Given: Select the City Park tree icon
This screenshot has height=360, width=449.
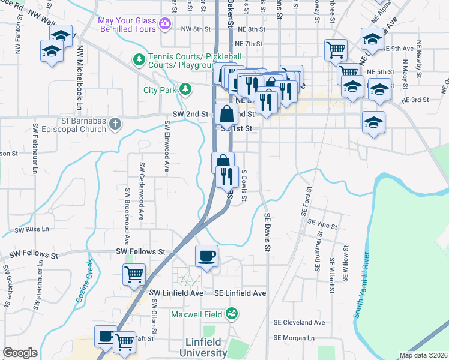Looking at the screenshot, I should pyautogui.click(x=186, y=89).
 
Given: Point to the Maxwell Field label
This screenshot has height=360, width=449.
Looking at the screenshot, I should pyautogui.click(x=197, y=314).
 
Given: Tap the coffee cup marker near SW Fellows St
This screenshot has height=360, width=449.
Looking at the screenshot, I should pyautogui.click(x=206, y=257).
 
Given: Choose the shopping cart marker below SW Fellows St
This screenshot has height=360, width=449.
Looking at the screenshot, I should pyautogui.click(x=133, y=275).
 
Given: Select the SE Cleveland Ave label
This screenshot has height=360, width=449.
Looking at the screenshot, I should pyautogui.click(x=298, y=322).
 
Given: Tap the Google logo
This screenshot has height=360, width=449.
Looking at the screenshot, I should pyautogui.click(x=20, y=353).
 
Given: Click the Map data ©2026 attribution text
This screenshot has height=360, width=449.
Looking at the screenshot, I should pyautogui.click(x=424, y=355).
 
